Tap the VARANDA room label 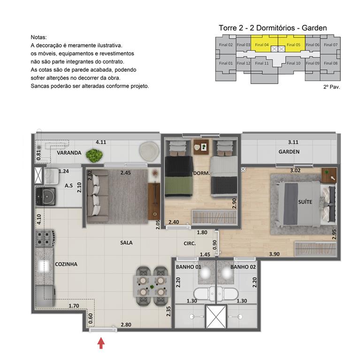tap(69, 153)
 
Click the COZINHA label tap(66, 264)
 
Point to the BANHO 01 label tap(189, 267)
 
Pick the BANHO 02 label tap(243, 267)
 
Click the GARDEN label tap(289, 151)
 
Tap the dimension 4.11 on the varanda tap(100, 142)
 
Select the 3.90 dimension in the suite tap(275, 254)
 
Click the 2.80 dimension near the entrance tap(125, 324)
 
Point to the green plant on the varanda tap(95, 154)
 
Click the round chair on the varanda tap(149, 150)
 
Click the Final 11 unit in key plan tap(263, 63)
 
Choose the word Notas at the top tap(39, 37)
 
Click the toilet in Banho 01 tap(202, 295)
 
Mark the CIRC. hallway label tap(190, 243)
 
